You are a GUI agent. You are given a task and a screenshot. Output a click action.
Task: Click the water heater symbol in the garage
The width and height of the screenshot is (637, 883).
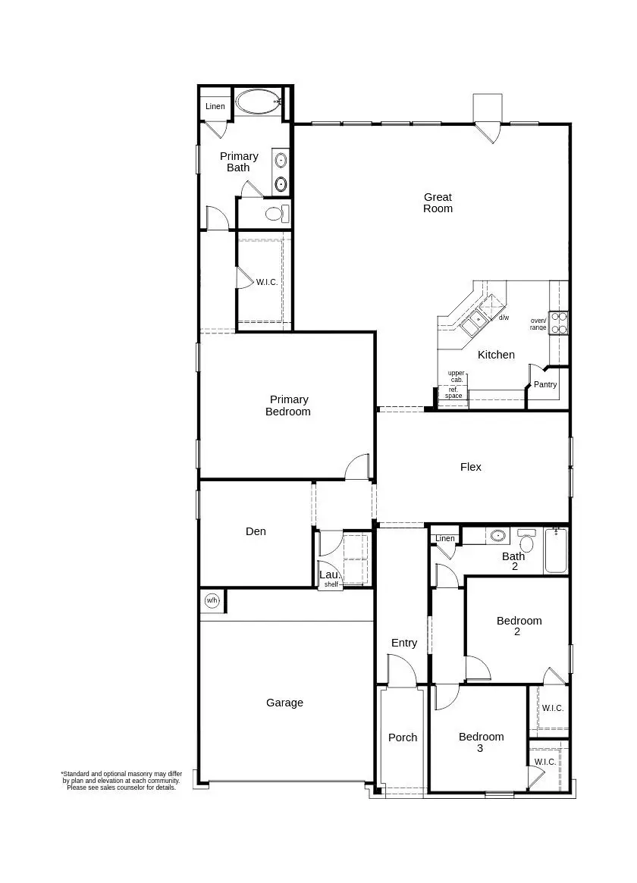click(x=212, y=601)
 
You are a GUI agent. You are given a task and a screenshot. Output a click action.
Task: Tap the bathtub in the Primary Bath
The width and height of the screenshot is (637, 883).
click(x=257, y=102)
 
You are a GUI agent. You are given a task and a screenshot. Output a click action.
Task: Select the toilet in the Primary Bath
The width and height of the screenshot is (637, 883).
click(x=275, y=213)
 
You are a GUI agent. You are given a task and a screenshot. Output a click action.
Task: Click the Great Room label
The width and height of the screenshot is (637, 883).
click(x=438, y=202)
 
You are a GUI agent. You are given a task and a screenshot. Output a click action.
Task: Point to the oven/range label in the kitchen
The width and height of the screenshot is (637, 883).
click(x=538, y=324)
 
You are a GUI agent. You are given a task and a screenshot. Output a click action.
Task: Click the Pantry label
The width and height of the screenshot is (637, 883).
click(x=545, y=384)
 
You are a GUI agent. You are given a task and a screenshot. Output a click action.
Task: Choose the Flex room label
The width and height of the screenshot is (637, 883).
click(x=471, y=467)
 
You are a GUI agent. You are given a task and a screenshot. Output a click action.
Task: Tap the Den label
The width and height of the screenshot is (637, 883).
click(x=256, y=531)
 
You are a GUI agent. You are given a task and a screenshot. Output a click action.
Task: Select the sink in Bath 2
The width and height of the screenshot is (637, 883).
click(x=497, y=536)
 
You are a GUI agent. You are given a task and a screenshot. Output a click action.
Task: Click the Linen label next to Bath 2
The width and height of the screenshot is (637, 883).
click(x=445, y=539)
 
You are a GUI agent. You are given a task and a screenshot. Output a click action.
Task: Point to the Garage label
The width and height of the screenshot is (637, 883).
click(x=284, y=703)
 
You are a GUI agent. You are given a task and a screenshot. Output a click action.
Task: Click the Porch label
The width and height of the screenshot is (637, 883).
click(x=403, y=737)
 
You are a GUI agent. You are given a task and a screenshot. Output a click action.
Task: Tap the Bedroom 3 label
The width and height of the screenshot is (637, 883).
click(x=481, y=742)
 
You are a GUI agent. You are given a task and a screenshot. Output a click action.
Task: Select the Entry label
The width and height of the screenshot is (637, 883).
click(x=404, y=643)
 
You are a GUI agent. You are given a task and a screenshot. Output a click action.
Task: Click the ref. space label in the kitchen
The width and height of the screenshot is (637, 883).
click(x=453, y=393)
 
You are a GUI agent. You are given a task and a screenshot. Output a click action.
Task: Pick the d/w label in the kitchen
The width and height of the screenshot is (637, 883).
click(x=504, y=318)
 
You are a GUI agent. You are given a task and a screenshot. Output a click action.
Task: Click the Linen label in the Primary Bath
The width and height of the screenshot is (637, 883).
click(x=215, y=106)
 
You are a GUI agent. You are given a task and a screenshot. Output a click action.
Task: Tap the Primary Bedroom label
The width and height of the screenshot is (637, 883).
click(x=288, y=405)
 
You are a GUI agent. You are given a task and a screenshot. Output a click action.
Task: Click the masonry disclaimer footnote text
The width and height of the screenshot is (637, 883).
click(x=121, y=781)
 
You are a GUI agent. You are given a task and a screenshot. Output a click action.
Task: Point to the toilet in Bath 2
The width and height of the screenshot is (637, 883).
click(x=527, y=541)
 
